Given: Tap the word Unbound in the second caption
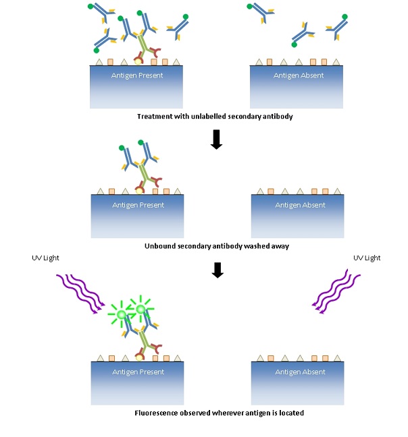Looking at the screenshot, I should pyautogui.click(x=160, y=246).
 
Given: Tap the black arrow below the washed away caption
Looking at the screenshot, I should pyautogui.click(x=216, y=270).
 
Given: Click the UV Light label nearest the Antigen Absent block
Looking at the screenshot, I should pyautogui.click(x=367, y=258).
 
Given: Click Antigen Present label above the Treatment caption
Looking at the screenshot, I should pyautogui.click(x=137, y=76).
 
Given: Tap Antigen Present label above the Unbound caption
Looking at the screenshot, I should pyautogui.click(x=138, y=205).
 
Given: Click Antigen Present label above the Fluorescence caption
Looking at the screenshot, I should pyautogui.click(x=138, y=372).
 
